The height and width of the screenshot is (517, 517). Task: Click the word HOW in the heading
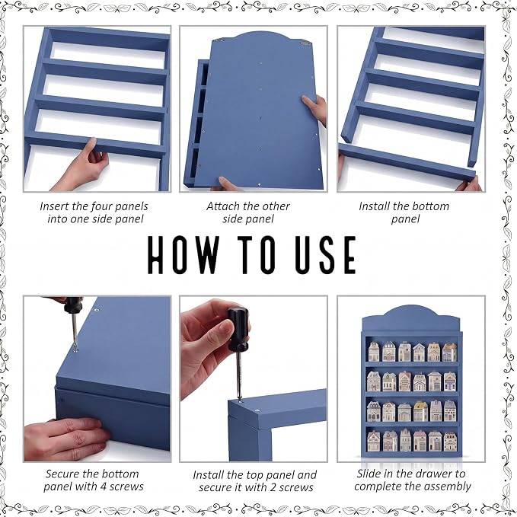(x=184, y=254)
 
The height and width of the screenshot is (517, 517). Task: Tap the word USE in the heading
(x=326, y=254)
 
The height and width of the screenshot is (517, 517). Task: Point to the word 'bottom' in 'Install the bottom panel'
(x=428, y=206)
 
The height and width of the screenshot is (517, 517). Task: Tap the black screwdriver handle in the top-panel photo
(x=238, y=329)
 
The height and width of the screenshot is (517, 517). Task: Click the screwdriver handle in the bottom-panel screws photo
(x=73, y=305)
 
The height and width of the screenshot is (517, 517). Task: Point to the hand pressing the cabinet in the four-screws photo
(x=66, y=439)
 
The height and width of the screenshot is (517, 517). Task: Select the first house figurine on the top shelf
(x=374, y=352)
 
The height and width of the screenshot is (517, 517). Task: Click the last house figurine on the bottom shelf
(x=450, y=442)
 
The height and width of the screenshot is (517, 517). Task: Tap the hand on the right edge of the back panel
(x=314, y=110)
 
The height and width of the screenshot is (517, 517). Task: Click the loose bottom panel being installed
(x=407, y=161)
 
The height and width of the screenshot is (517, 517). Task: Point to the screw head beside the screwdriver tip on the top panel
(x=257, y=410)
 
